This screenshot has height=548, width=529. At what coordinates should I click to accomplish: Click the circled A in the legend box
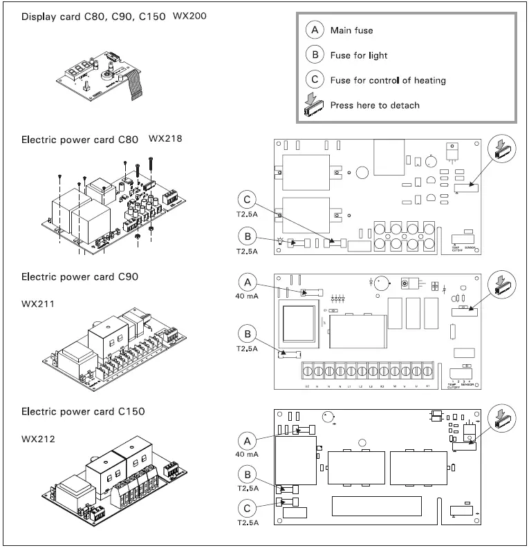click(315, 30)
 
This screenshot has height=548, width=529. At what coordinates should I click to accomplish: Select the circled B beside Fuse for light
click(315, 55)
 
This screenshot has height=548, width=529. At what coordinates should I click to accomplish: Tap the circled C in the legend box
click(315, 79)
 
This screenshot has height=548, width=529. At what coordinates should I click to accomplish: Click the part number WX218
click(166, 138)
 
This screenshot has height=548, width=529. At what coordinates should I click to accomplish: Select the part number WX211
click(38, 303)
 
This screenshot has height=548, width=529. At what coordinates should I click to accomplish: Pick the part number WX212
click(38, 438)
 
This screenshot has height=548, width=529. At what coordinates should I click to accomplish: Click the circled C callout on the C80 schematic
click(248, 201)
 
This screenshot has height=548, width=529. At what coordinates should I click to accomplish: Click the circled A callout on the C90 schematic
click(248, 282)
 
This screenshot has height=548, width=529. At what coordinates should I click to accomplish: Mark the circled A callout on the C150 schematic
click(248, 440)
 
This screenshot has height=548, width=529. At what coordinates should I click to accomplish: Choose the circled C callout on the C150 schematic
click(248, 508)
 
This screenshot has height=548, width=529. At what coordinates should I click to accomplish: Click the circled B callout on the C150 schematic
click(248, 473)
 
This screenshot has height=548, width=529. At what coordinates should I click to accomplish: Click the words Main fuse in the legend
click(352, 30)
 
